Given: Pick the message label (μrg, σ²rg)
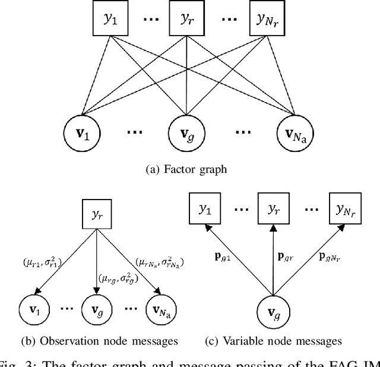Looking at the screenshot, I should pyautogui.click(x=117, y=276).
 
